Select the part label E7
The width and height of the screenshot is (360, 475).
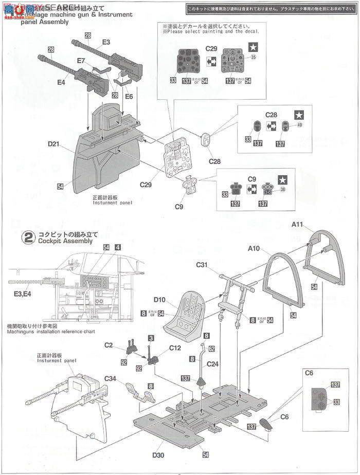pyautogui.click(x=81, y=61)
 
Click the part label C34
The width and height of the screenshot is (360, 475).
pyautogui.click(x=111, y=379)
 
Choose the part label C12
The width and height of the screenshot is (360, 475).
pyautogui.click(x=174, y=348)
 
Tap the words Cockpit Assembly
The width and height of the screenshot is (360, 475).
pyautogui.click(x=64, y=241)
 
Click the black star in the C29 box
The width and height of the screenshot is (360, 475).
pyautogui.click(x=253, y=46)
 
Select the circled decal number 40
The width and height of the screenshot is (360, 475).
pyautogui.click(x=300, y=124)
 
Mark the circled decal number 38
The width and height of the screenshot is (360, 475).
pyautogui.click(x=282, y=190)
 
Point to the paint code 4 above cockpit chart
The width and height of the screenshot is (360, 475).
pyautogui.click(x=118, y=247)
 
